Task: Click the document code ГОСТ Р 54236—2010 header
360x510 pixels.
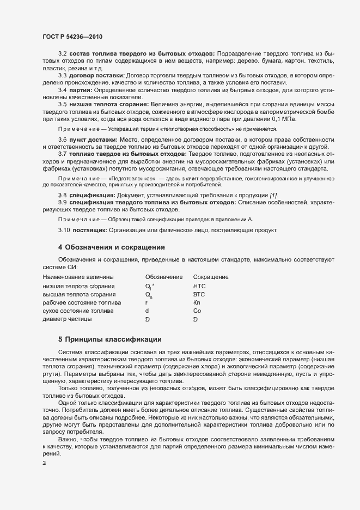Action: [x=72, y=37]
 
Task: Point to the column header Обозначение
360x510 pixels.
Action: [x=164, y=277]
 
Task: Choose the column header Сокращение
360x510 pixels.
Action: [x=211, y=277]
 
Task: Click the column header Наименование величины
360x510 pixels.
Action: [x=78, y=277]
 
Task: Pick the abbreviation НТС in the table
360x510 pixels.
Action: [x=199, y=286]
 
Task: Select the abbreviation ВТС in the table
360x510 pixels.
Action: [x=199, y=294]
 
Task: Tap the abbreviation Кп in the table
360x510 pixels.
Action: [x=197, y=302]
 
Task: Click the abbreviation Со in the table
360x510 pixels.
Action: [x=197, y=311]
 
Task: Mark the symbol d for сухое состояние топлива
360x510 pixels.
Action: [x=147, y=311]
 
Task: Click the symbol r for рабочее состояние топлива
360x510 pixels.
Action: [x=147, y=302]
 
